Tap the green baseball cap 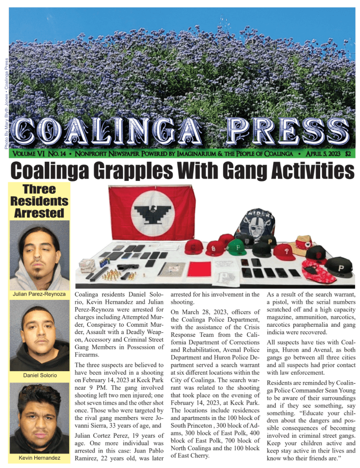(237, 247)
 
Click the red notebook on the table (199, 269)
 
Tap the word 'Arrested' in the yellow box (39, 213)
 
